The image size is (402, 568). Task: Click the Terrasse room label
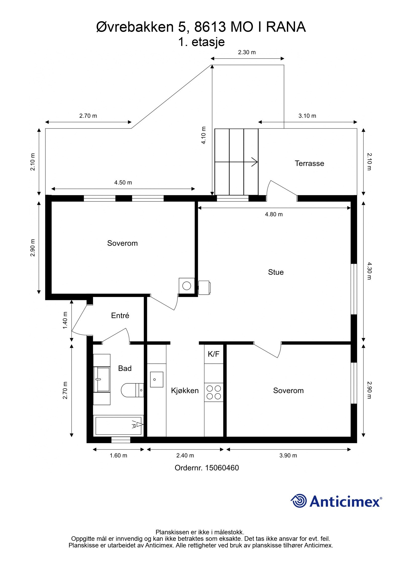pos(309,163)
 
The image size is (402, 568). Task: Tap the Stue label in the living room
pos(276,272)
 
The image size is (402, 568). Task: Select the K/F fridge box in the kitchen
pos(214,354)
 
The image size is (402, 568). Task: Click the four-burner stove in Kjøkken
pos(214,392)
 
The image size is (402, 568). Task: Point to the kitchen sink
pos(157,380)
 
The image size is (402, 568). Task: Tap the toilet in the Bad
pos(132,390)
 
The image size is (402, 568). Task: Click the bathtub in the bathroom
pos(118,425)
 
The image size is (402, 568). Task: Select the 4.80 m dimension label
pos(274,214)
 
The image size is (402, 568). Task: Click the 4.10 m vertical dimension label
pos(204,135)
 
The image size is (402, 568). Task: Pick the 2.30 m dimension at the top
pos(247,52)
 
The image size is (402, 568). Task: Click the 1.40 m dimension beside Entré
pos(65,320)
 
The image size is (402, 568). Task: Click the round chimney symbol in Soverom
pos(187,286)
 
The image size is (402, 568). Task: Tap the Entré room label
pos(120,315)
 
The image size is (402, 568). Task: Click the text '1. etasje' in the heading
pos(201,42)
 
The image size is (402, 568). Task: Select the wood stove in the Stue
pos(205,288)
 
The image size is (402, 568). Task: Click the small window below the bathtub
pos(121,440)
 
